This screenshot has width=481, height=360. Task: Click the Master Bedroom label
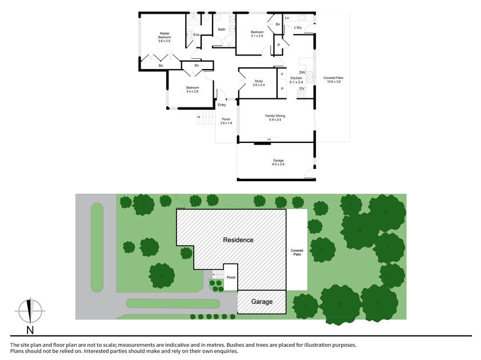click(165, 37)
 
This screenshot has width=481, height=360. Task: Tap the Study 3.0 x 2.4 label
click(259, 83)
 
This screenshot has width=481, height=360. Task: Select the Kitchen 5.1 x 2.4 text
click(296, 80)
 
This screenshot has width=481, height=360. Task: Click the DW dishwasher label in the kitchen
click(302, 73)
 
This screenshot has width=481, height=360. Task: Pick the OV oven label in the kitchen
click(302, 89)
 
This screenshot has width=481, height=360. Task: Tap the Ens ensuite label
click(196, 35)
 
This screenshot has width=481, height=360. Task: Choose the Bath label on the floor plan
click(222, 29)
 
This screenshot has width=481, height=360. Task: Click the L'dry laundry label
click(298, 27)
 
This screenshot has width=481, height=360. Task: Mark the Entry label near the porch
click(222, 105)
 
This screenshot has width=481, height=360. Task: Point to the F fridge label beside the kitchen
click(282, 74)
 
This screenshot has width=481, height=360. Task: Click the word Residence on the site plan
click(238, 240)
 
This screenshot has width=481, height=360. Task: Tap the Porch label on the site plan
click(231, 277)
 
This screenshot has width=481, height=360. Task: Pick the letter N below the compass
click(30, 330)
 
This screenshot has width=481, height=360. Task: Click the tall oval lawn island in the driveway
click(97, 246)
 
